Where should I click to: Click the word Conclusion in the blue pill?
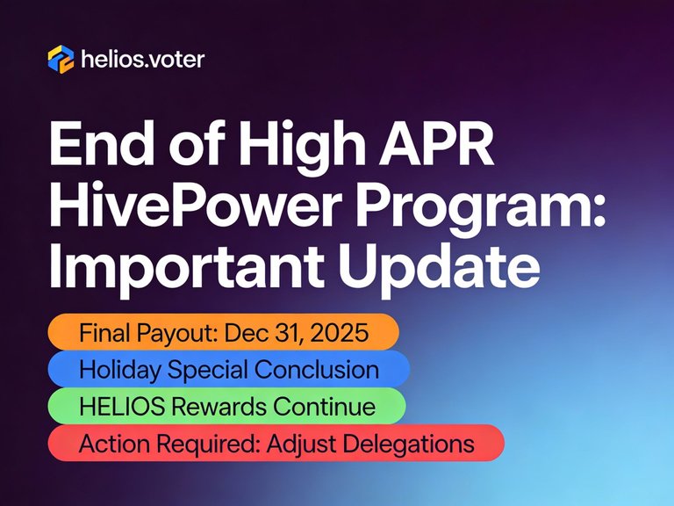pyautogui.click(x=326, y=369)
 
